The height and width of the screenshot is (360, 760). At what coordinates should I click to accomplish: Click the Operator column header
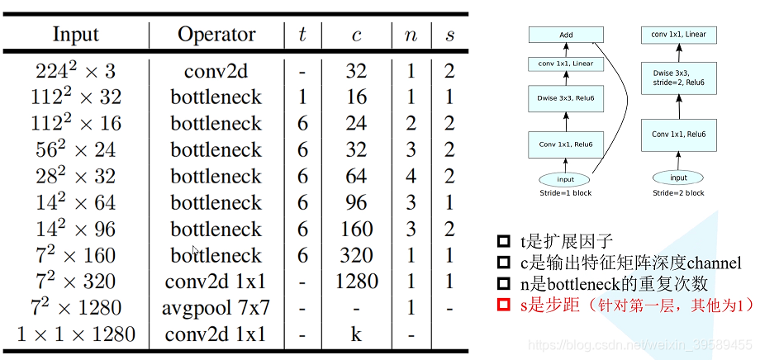tap(216, 35)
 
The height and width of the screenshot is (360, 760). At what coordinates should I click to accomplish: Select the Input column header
tap(75, 35)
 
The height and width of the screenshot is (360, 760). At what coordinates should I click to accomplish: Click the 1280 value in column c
tap(356, 282)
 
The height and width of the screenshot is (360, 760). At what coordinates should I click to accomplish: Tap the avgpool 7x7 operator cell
tap(216, 308)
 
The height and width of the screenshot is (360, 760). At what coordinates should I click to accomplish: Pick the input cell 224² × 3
tap(76, 71)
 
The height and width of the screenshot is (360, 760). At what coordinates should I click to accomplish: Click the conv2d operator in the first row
tap(216, 71)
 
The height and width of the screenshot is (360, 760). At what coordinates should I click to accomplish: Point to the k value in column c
tap(356, 334)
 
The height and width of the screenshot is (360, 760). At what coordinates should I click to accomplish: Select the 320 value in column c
tap(356, 255)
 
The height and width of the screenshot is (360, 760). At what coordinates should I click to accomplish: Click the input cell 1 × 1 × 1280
tap(76, 334)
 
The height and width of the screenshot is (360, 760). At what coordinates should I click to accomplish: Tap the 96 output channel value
tap(356, 202)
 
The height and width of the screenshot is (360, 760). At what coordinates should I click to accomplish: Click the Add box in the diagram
tap(566, 36)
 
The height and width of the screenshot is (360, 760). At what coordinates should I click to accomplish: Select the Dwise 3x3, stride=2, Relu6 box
tap(678, 79)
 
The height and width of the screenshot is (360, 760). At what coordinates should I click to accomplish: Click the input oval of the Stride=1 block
tap(566, 179)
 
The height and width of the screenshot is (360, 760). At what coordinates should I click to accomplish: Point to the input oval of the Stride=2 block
tap(678, 178)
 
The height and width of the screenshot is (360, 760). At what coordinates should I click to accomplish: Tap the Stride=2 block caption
tap(678, 193)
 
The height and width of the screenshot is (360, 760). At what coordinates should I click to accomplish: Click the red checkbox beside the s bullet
tap(503, 306)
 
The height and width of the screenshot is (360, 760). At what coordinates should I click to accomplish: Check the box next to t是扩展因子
tap(503, 242)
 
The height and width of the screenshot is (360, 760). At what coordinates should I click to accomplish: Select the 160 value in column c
tap(356, 229)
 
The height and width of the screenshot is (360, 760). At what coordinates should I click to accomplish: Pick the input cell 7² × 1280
tap(76, 308)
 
